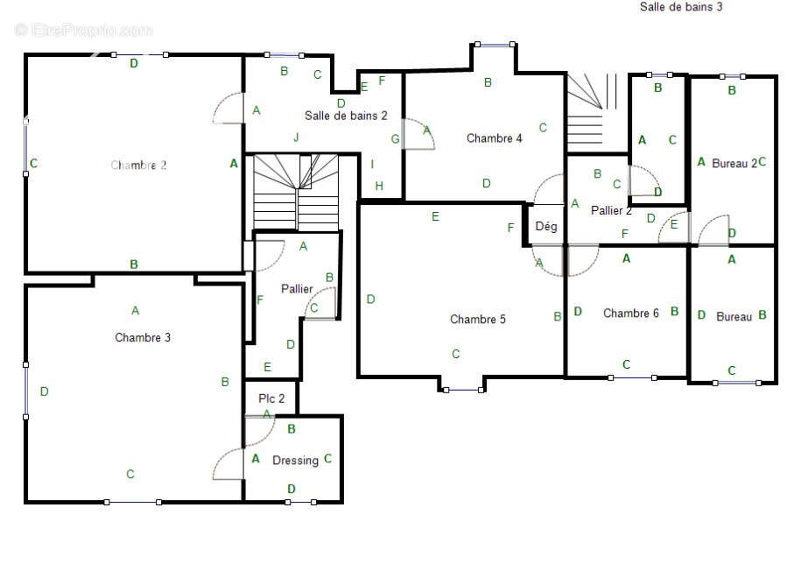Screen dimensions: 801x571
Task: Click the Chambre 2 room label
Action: tap(138, 166)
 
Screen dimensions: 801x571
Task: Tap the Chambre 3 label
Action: tap(143, 337)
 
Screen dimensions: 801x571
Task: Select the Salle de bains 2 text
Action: tap(346, 116)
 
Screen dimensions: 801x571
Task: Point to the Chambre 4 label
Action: tap(494, 138)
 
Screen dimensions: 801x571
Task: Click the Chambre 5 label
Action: tap(478, 319)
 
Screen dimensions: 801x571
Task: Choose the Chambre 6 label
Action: tap(631, 313)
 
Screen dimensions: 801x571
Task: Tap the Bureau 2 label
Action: tap(734, 164)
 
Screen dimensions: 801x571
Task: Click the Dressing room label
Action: tap(295, 461)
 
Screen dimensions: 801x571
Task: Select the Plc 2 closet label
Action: tap(271, 398)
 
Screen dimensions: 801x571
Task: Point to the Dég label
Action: tap(546, 226)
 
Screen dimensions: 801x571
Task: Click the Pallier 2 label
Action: tap(611, 210)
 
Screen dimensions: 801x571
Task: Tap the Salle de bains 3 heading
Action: tap(681, 7)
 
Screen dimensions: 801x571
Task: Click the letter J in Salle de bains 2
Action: tap(296, 137)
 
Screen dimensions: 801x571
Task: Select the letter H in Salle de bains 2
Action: tap(379, 186)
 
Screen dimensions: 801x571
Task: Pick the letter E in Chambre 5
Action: tap(435, 216)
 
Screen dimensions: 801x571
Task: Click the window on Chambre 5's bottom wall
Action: tap(463, 390)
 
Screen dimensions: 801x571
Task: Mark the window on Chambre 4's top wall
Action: tap(495, 45)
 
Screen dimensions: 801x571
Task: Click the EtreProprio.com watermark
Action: tap(84, 30)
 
